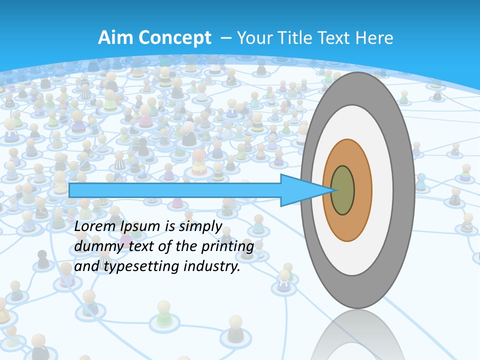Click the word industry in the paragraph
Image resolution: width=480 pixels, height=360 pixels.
210,266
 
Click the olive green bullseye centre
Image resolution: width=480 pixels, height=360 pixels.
342,190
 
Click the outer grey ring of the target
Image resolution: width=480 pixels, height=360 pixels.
404,190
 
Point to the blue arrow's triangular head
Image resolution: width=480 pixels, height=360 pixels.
300,190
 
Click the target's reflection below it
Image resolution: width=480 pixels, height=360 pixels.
357,335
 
